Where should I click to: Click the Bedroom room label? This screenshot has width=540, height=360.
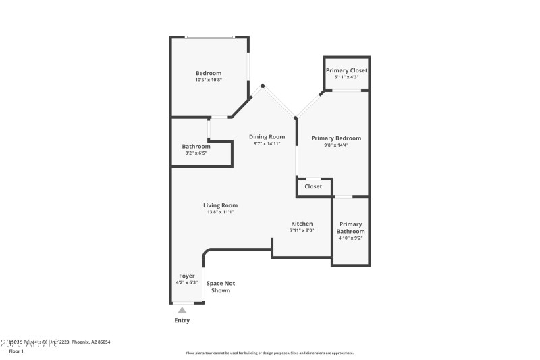209,73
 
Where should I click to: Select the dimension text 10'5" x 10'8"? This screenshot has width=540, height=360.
209,80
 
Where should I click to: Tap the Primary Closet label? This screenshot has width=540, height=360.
346,70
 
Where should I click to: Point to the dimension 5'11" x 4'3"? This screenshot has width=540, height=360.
346,77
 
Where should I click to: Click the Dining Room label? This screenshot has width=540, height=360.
267,136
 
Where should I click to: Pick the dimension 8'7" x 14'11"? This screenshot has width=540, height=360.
267,143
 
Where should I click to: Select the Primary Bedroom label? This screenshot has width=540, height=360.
336,138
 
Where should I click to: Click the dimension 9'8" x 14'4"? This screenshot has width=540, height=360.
336,145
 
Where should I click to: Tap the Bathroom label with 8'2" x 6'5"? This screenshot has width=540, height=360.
196,146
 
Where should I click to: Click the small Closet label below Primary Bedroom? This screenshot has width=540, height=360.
313,186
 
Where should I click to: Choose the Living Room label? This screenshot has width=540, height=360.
221,205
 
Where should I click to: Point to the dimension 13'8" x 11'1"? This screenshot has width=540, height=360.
221,212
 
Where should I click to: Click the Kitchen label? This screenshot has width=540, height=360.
302,224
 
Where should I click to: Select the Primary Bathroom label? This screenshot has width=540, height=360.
350,228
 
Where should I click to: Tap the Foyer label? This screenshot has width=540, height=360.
187,276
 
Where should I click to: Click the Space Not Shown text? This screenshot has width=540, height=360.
221,286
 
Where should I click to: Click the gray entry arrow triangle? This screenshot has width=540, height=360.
182,310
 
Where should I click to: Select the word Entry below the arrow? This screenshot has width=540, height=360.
182,320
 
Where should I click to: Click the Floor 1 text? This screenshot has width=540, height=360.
16,351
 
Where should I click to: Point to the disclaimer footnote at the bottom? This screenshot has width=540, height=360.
269,353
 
